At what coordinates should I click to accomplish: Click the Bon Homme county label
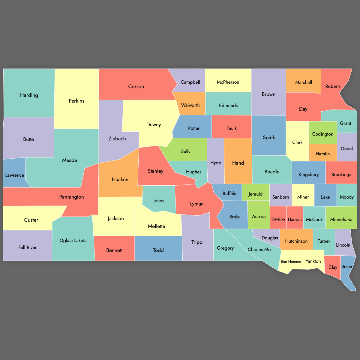[291, 262]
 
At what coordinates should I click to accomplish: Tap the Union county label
[346, 266]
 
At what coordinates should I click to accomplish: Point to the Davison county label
[278, 219]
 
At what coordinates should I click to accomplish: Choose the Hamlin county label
[322, 154]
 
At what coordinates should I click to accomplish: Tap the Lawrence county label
[14, 175]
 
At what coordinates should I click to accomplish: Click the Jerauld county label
[256, 194]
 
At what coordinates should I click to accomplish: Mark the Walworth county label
[190, 105]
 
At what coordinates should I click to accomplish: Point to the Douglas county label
[270, 238]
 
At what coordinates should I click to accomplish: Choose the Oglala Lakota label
[73, 241]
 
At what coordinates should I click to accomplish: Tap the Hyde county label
[215, 163]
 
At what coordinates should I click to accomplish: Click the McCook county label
[314, 220]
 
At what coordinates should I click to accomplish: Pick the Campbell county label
[190, 82]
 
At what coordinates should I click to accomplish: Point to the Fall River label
[28, 247]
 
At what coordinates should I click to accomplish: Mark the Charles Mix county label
[259, 250]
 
